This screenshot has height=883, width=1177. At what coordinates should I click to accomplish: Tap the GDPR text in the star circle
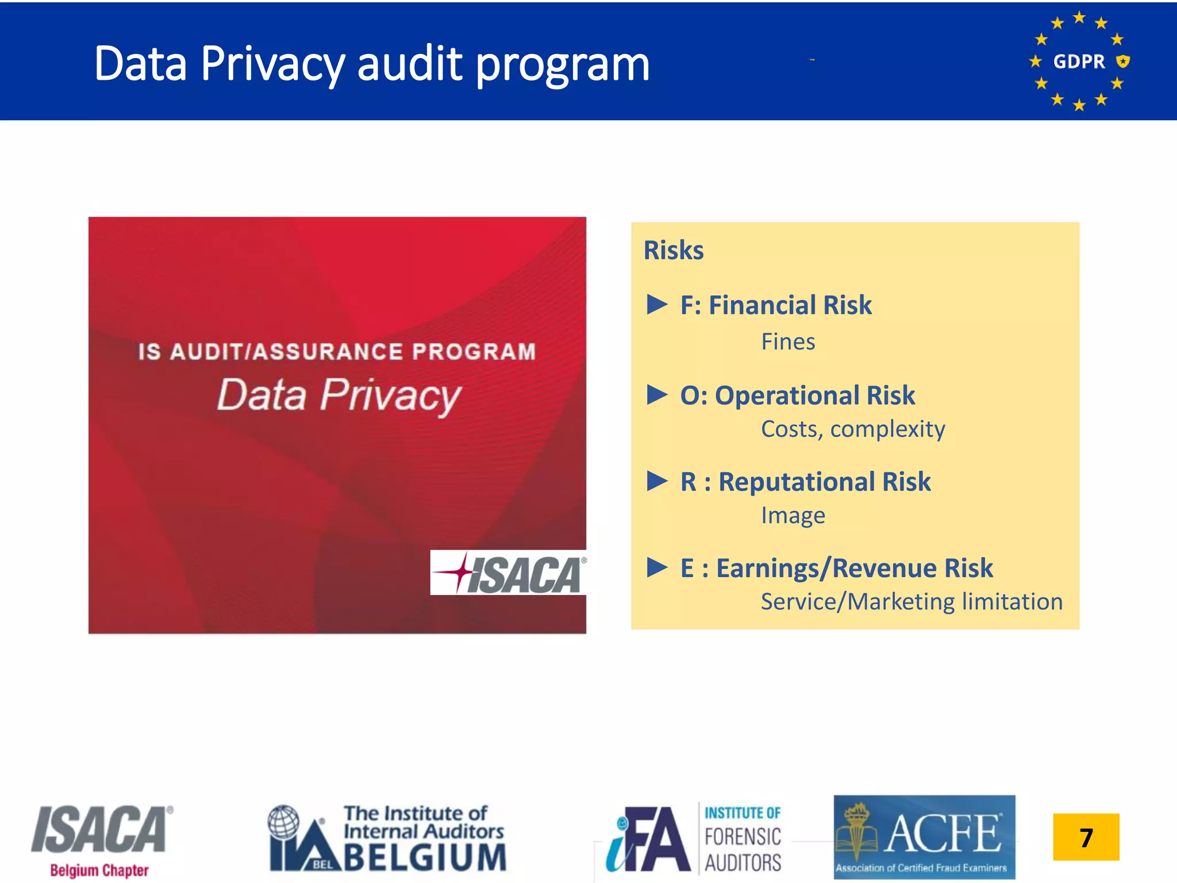point(1079,62)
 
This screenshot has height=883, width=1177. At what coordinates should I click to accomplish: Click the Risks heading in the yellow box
point(674,251)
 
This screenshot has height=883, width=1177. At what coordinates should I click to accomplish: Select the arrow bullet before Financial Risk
point(657,304)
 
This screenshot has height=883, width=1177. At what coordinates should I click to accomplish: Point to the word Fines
point(788,342)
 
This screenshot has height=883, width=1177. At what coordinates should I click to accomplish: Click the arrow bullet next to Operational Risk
point(657,395)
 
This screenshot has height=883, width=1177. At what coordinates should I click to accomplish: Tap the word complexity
point(887,429)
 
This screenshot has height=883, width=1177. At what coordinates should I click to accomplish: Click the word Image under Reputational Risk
point(793,516)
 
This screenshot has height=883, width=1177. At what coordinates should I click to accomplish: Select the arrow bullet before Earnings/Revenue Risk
point(657,567)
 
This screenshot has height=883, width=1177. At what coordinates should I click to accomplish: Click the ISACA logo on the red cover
point(509,573)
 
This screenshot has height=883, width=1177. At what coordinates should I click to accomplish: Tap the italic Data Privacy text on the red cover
point(339,396)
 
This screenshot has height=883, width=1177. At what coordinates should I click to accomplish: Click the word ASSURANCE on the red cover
point(328,352)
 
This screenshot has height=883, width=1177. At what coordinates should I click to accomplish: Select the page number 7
point(1086,837)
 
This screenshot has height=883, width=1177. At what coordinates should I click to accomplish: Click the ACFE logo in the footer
point(924,837)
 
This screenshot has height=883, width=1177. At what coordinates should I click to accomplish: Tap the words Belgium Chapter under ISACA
point(99,870)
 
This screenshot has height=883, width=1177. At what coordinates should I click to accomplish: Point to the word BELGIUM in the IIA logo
point(425,858)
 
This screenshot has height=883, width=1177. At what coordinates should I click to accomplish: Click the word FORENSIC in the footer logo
point(743,837)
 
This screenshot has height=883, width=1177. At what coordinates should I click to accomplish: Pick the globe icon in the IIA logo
point(284,821)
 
